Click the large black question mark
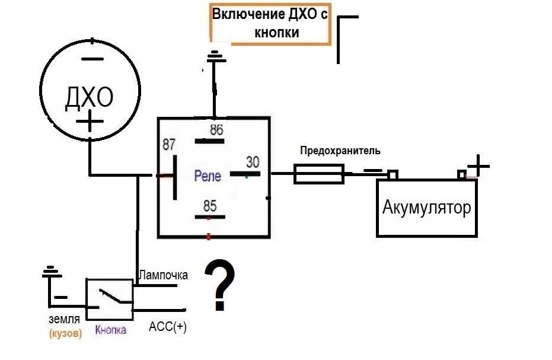[219, 286]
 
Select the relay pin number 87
[170, 145]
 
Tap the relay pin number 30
[253, 161]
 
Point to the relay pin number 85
[209, 206]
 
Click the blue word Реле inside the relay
[208, 176]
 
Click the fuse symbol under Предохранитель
[320, 174]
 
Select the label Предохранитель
[340, 151]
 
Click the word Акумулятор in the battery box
[427, 208]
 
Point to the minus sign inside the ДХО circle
[92, 59]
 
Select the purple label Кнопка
[110, 330]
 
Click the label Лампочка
[163, 275]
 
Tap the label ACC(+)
[167, 327]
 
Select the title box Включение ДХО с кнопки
[270, 24]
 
